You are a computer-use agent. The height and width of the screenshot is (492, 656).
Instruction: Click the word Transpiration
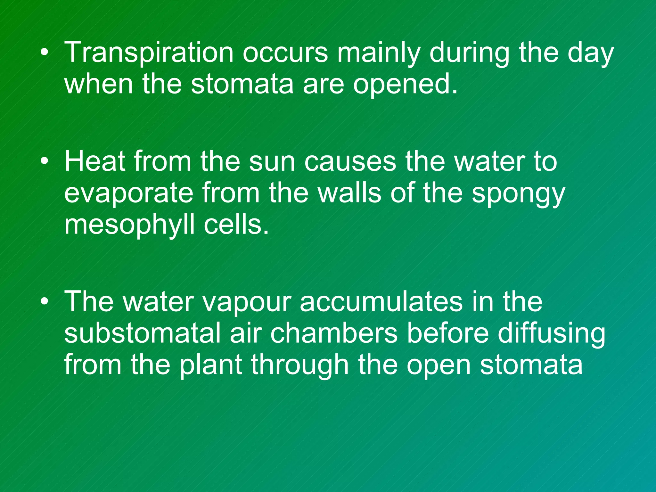coord(149,53)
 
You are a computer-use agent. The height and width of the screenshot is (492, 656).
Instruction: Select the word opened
coord(406,85)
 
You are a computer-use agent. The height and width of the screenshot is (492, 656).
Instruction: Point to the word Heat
coord(95,162)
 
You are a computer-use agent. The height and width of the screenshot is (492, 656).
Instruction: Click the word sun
coord(272,162)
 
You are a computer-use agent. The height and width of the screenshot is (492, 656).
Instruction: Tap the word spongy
coord(518,194)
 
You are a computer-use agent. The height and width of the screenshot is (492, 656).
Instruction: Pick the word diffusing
coord(551,334)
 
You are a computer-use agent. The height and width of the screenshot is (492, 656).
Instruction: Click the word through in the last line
coord(299,365)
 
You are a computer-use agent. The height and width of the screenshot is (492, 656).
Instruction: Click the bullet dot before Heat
coord(45,161)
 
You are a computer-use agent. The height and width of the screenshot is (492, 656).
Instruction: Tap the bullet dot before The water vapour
coord(45,302)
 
